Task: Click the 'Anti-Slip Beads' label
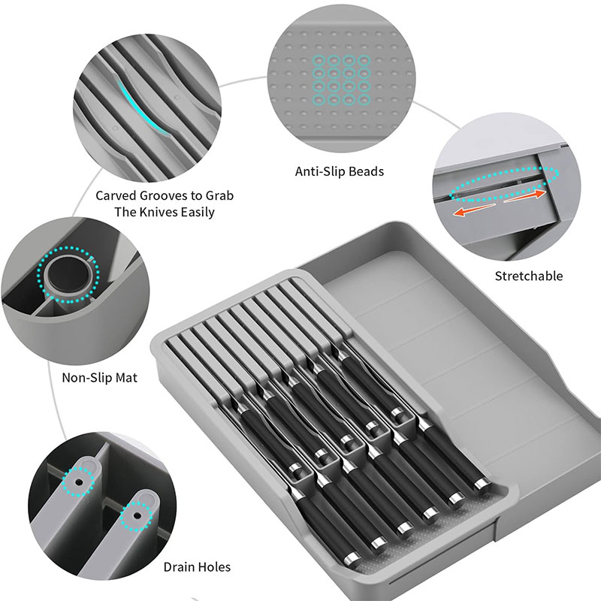[339, 171]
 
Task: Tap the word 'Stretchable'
[528, 276]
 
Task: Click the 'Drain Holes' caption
[196, 567]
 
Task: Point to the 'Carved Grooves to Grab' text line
[165, 195]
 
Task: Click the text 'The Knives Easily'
[165, 212]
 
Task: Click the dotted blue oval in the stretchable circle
[506, 181]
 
